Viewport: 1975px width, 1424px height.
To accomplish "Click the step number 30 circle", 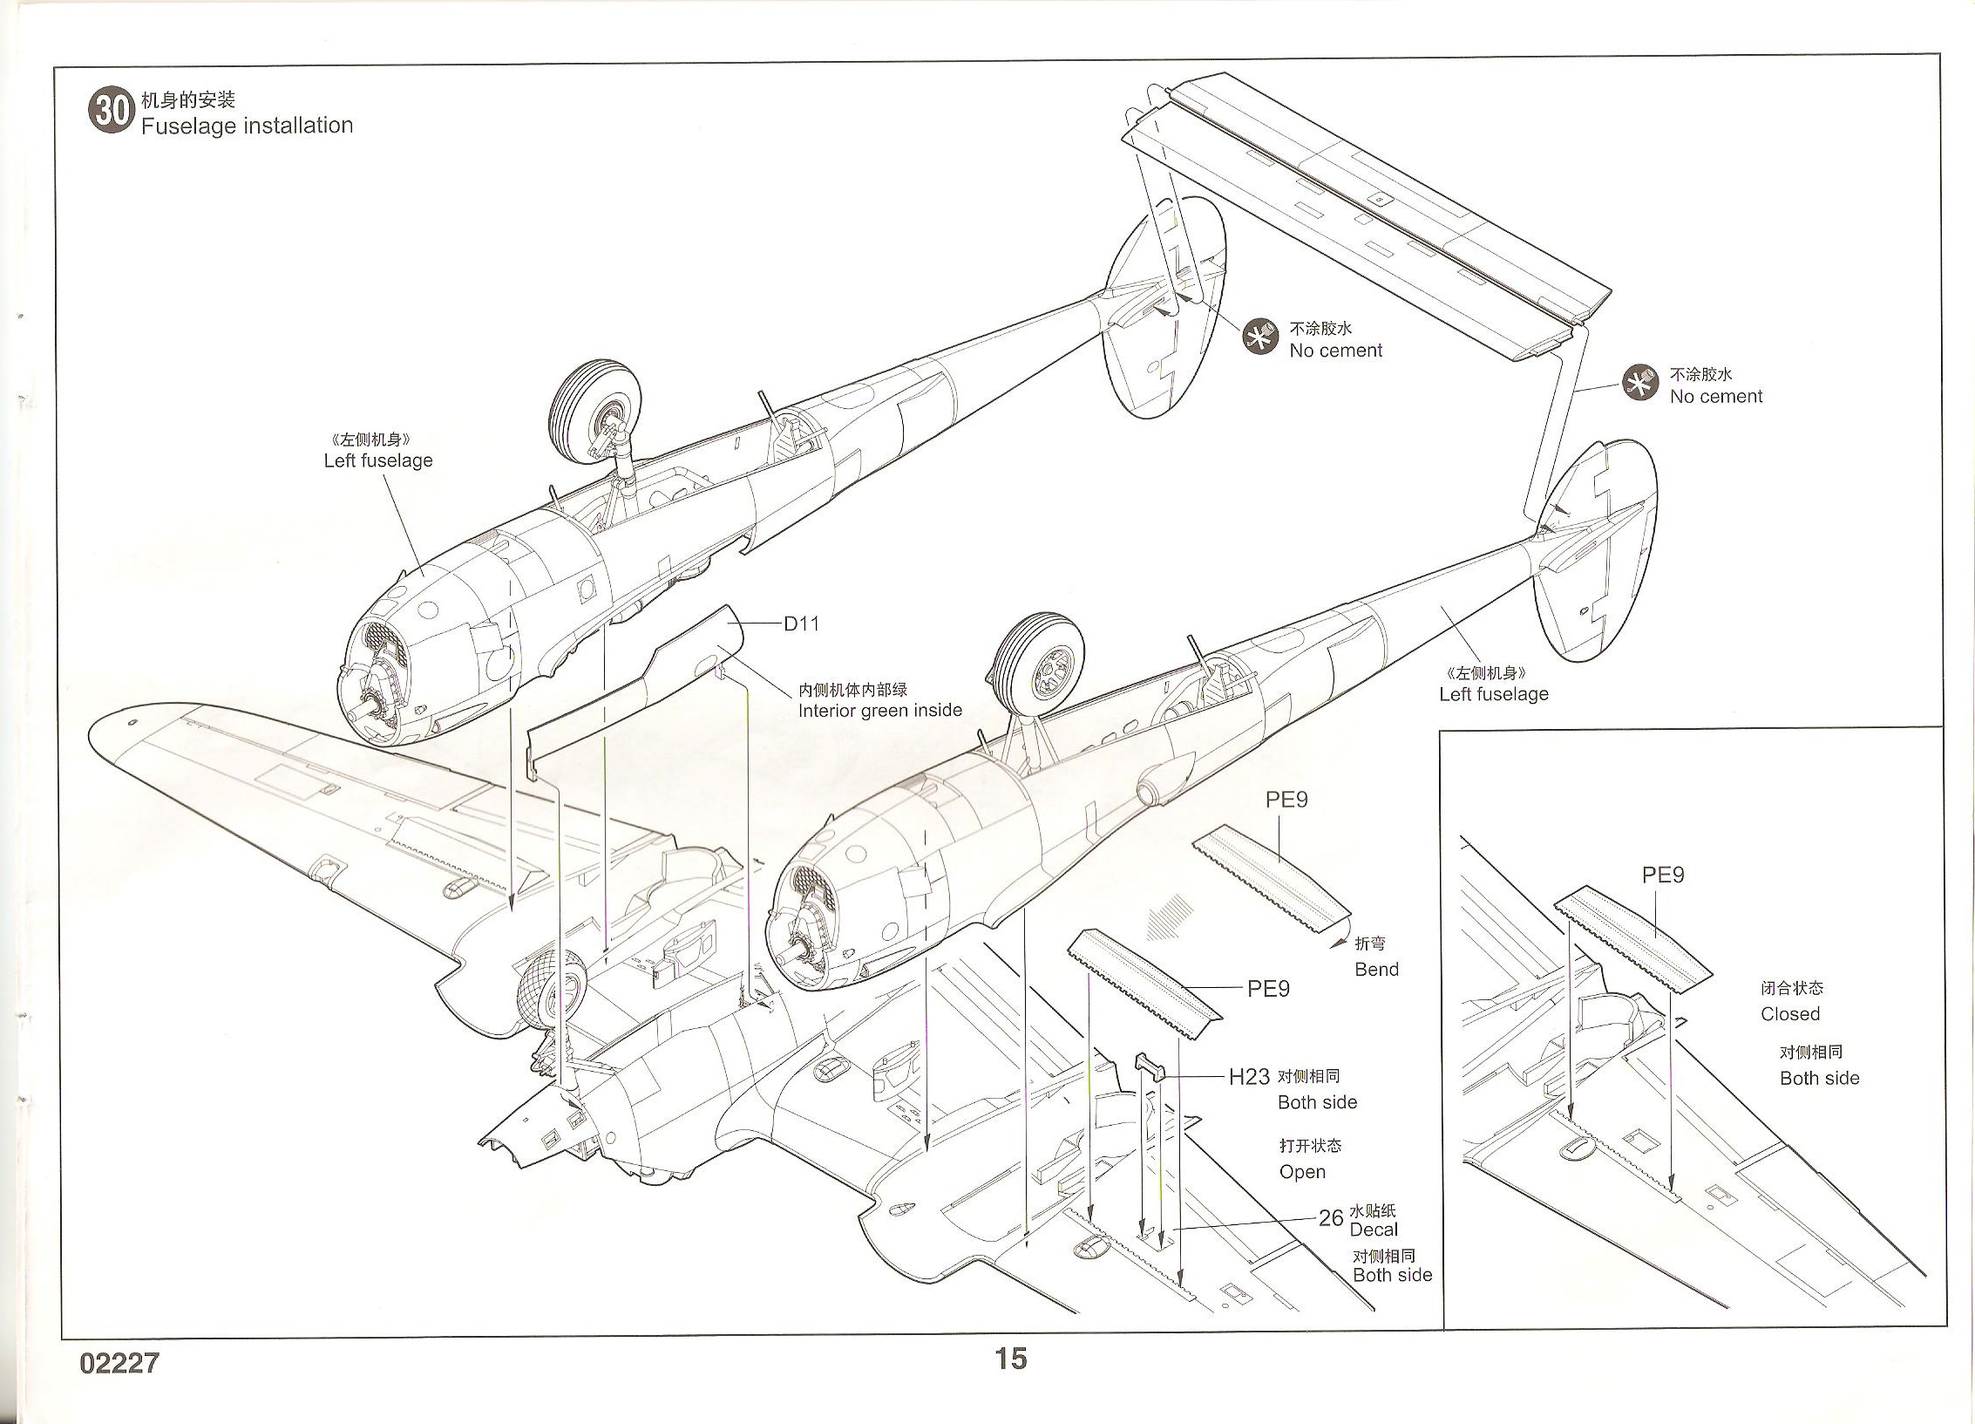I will [111, 111].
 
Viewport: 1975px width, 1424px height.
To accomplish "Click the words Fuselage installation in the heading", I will [247, 126].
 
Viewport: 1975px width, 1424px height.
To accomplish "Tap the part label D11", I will [801, 623].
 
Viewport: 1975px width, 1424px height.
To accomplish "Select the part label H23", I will [1248, 1077].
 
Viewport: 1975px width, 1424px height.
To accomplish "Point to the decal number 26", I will [1330, 1218].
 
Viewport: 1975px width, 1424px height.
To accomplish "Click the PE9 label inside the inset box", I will [1663, 875].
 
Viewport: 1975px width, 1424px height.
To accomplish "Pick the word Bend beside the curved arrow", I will [1376, 969].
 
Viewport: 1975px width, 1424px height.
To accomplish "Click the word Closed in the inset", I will [1790, 1014].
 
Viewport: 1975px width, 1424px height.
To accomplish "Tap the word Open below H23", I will [1302, 1172].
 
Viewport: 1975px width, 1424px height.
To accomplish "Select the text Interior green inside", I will [880, 711].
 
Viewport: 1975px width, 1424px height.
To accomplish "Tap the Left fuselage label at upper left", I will [378, 460].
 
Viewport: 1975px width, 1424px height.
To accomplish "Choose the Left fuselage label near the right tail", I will [1494, 694].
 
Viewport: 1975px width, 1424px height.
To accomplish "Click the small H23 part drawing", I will [1150, 1065].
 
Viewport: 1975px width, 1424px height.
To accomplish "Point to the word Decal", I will [1373, 1230].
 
